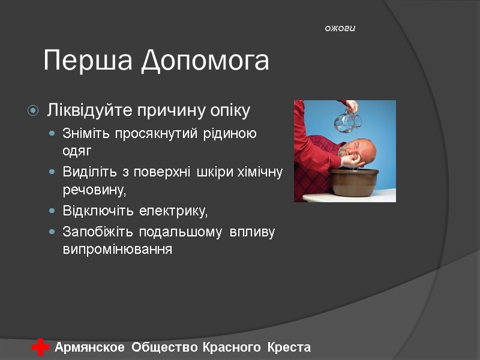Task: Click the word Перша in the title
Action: click(x=88, y=61)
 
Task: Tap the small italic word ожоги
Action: click(x=340, y=28)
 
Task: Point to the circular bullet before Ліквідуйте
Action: click(x=33, y=111)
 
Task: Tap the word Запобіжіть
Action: click(x=98, y=232)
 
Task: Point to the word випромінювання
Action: click(x=117, y=250)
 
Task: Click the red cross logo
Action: click(x=40, y=347)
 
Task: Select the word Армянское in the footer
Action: click(x=90, y=347)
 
